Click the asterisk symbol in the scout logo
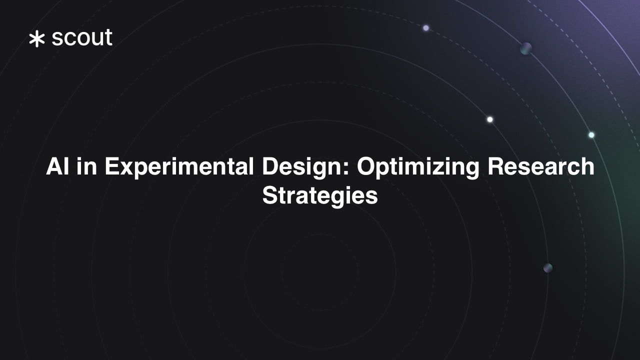36,39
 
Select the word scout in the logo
82,38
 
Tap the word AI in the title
57,166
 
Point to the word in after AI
87,166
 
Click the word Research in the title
541,166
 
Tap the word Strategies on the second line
320,196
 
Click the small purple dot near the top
426,28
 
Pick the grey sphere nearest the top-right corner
525,48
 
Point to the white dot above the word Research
490,119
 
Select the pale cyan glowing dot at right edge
591,135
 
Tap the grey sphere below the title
548,268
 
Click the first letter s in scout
57,39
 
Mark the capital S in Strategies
269,195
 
